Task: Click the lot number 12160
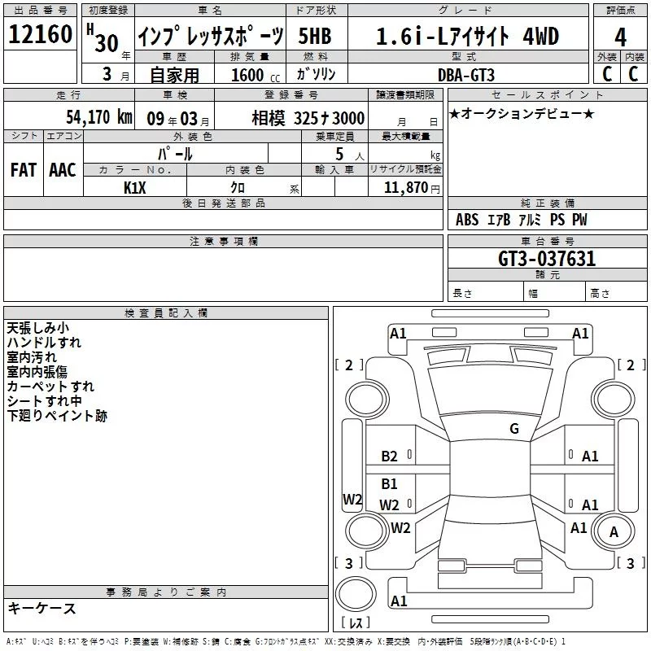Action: [x=40, y=34]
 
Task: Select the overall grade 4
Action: [x=620, y=37]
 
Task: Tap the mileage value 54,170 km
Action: [x=99, y=117]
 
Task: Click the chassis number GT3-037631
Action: [x=547, y=259]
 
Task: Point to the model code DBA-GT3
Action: [x=466, y=75]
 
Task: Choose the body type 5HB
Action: [x=315, y=37]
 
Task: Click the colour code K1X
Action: [x=135, y=188]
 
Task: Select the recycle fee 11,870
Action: [x=406, y=188]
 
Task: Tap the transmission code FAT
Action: [x=24, y=170]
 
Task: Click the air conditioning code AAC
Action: [x=63, y=170]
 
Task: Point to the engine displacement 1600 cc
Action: [x=256, y=76]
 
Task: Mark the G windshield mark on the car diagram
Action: [x=514, y=429]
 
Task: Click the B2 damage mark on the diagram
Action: [x=389, y=457]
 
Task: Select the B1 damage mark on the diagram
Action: [x=389, y=483]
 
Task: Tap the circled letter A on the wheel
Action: [x=614, y=532]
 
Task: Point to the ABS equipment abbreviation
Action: [x=467, y=220]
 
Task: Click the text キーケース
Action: [x=42, y=609]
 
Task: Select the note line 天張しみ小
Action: [x=37, y=328]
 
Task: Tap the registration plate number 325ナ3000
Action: [x=330, y=118]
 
